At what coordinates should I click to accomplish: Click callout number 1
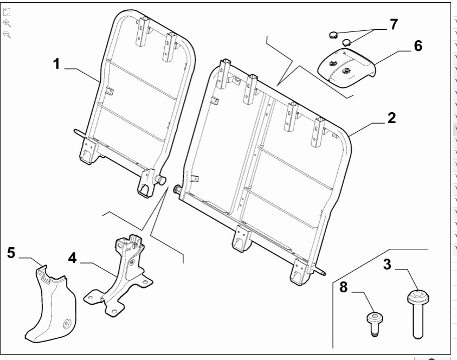click(56, 63)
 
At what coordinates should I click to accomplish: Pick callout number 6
click(417, 46)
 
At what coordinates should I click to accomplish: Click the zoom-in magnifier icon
click(7, 23)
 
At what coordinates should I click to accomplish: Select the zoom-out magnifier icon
click(7, 34)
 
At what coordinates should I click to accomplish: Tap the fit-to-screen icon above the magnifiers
click(7, 12)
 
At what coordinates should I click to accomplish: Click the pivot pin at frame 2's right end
click(322, 273)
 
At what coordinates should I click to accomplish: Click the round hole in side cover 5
click(67, 325)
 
